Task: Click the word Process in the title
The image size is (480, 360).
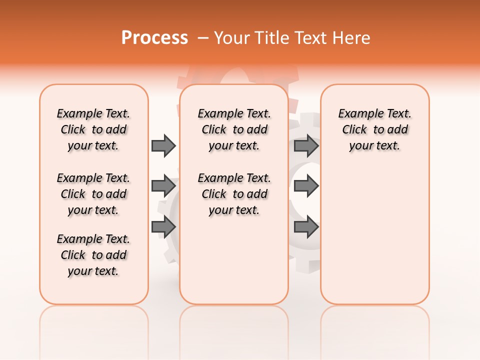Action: (154, 37)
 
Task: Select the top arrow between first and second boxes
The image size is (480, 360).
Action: (163, 145)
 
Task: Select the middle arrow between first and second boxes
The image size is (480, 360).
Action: (163, 186)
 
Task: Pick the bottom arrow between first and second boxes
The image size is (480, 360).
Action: (163, 227)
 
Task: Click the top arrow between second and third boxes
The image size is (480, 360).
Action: (306, 145)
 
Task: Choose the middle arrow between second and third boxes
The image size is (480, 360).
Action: (306, 186)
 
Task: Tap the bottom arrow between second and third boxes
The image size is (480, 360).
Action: (306, 227)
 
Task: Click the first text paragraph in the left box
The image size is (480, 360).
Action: (93, 129)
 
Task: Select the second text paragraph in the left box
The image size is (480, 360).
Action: (93, 194)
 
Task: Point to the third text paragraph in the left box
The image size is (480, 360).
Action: (93, 255)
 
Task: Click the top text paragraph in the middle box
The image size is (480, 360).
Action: (234, 129)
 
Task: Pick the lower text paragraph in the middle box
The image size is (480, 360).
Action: (234, 194)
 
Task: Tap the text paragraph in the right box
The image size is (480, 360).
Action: (374, 129)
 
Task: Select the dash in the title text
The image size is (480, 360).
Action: (203, 37)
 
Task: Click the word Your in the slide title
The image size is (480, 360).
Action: (230, 37)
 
